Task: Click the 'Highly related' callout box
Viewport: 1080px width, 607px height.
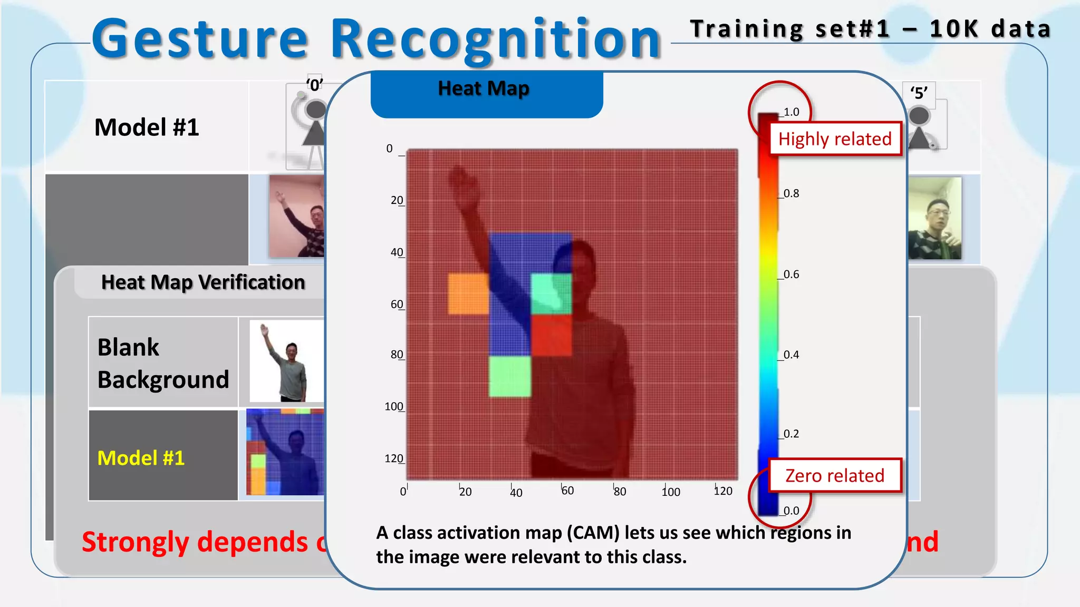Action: [835, 139]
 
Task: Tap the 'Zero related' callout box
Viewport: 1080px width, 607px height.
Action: [835, 475]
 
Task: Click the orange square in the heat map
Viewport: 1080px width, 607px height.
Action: [468, 293]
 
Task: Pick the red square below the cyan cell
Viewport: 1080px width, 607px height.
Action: [551, 335]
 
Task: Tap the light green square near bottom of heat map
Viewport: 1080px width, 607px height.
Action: [509, 376]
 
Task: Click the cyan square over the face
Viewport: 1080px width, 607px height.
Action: [551, 293]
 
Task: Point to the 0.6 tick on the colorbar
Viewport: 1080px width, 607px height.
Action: [790, 275]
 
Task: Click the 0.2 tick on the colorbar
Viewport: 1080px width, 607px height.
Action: [790, 434]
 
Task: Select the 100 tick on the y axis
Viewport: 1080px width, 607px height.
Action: [394, 407]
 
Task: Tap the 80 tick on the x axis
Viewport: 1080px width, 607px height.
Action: [620, 492]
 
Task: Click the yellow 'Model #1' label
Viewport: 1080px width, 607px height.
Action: [141, 458]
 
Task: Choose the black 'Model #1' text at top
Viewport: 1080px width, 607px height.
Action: [147, 128]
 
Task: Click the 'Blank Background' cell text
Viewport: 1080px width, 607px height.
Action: [163, 363]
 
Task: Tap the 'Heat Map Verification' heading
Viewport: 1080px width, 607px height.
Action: [203, 282]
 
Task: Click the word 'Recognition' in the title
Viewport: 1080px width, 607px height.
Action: [496, 39]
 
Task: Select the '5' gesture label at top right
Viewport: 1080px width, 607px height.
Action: [919, 93]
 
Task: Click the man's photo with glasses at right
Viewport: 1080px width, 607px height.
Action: [934, 219]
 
